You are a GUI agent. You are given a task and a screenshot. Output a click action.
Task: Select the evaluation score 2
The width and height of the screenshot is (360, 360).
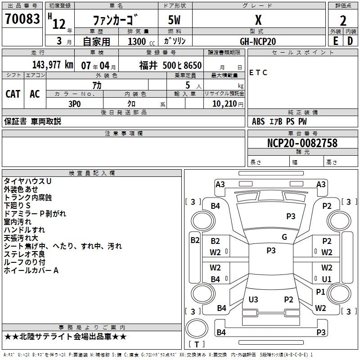pyautogui.click(x=343, y=21)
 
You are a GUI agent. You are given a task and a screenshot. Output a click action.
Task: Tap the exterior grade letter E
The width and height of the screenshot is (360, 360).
pyautogui.click(x=336, y=40)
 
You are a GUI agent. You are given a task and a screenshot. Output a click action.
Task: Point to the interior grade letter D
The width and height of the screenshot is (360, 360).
pyautogui.click(x=351, y=40)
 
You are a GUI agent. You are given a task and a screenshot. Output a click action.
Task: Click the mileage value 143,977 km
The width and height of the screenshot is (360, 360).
pyautogui.click(x=52, y=65)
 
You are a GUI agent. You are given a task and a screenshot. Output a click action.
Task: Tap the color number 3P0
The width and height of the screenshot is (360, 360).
pyautogui.click(x=75, y=103)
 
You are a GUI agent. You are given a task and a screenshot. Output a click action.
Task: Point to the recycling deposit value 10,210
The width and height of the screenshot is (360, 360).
pyautogui.click(x=224, y=103)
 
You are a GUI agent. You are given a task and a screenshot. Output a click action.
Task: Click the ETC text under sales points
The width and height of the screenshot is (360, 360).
pyautogui.click(x=258, y=73)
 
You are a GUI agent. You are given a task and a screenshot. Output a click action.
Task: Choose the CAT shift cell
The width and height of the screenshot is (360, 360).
pyautogui.click(x=13, y=94)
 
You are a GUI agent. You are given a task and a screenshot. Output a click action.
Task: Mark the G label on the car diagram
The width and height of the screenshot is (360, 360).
pyautogui.click(x=284, y=237)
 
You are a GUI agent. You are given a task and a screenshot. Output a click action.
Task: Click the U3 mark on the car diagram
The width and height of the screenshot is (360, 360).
pyautogui.click(x=253, y=299)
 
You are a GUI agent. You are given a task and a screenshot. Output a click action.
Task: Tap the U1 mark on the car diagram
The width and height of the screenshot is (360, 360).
pyautogui.click(x=327, y=279)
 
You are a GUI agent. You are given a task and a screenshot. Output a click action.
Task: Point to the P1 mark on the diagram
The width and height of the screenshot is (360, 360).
pyautogui.click(x=320, y=292)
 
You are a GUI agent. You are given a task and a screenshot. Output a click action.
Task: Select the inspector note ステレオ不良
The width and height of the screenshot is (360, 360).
pyautogui.click(x=24, y=254)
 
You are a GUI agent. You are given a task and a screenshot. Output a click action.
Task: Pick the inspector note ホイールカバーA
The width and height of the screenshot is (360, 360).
pyautogui.click(x=31, y=270)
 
